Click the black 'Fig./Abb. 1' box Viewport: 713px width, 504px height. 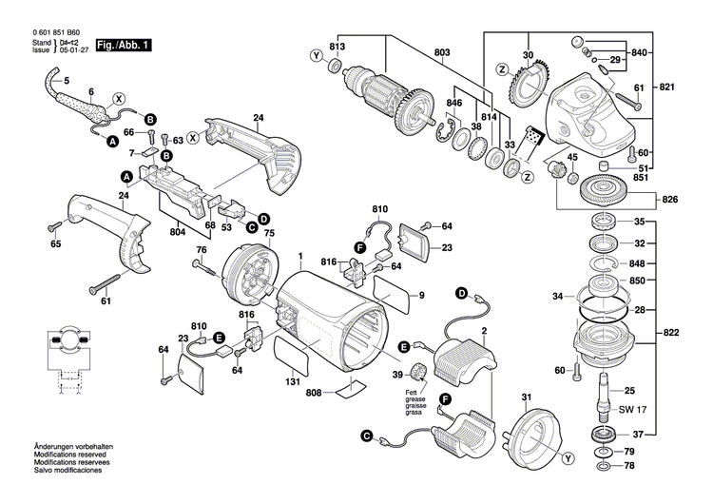click(123, 45)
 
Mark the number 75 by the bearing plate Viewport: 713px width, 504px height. click(268, 233)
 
